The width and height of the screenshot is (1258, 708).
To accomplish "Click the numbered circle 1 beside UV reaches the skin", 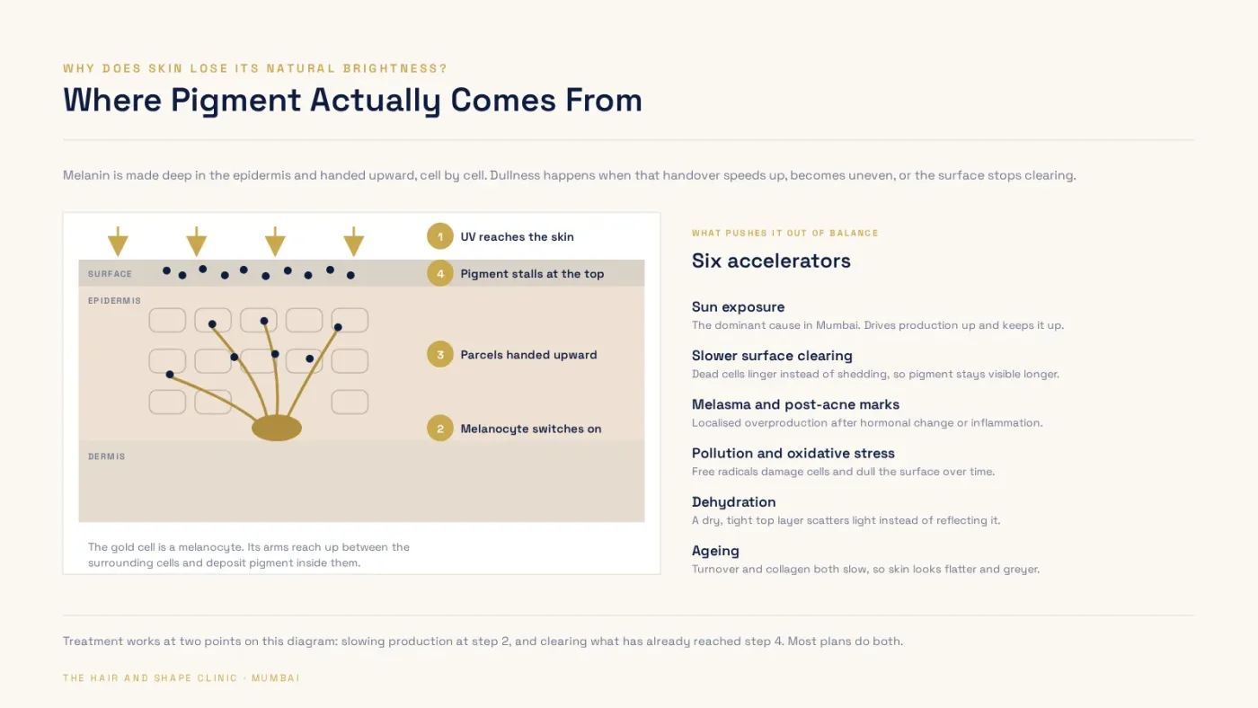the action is click(439, 236).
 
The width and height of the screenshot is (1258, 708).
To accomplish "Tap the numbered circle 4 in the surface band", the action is click(439, 273).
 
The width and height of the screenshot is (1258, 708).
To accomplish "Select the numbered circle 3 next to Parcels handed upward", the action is click(439, 354).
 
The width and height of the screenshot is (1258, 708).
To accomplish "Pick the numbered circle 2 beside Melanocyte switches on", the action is click(439, 429).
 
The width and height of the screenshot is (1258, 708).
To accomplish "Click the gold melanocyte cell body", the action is click(277, 429).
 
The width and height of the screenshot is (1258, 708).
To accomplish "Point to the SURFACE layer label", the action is click(110, 274).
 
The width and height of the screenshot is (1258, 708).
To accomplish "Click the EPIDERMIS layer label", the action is click(115, 301).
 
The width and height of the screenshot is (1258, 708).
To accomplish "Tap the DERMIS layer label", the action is click(107, 456).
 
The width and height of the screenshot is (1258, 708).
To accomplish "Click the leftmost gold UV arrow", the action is click(118, 242).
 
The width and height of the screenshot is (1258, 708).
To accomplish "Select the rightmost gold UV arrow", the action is click(354, 242).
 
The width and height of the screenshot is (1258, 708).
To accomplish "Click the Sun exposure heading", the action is click(738, 307).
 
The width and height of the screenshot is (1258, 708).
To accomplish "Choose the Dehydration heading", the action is click(733, 502).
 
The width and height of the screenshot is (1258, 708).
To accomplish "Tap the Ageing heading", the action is click(715, 551).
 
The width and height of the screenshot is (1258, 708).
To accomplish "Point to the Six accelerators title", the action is click(771, 261).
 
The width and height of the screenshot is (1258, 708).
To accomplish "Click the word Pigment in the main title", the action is click(235, 101).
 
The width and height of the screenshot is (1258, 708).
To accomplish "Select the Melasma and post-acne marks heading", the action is click(795, 404).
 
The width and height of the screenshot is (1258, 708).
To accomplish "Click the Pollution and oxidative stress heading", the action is click(793, 453).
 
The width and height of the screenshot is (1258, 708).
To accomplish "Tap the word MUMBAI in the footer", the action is click(276, 678).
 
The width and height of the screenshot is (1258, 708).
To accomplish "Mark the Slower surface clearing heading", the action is click(772, 356).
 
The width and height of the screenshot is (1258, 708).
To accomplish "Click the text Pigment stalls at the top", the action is click(532, 274).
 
